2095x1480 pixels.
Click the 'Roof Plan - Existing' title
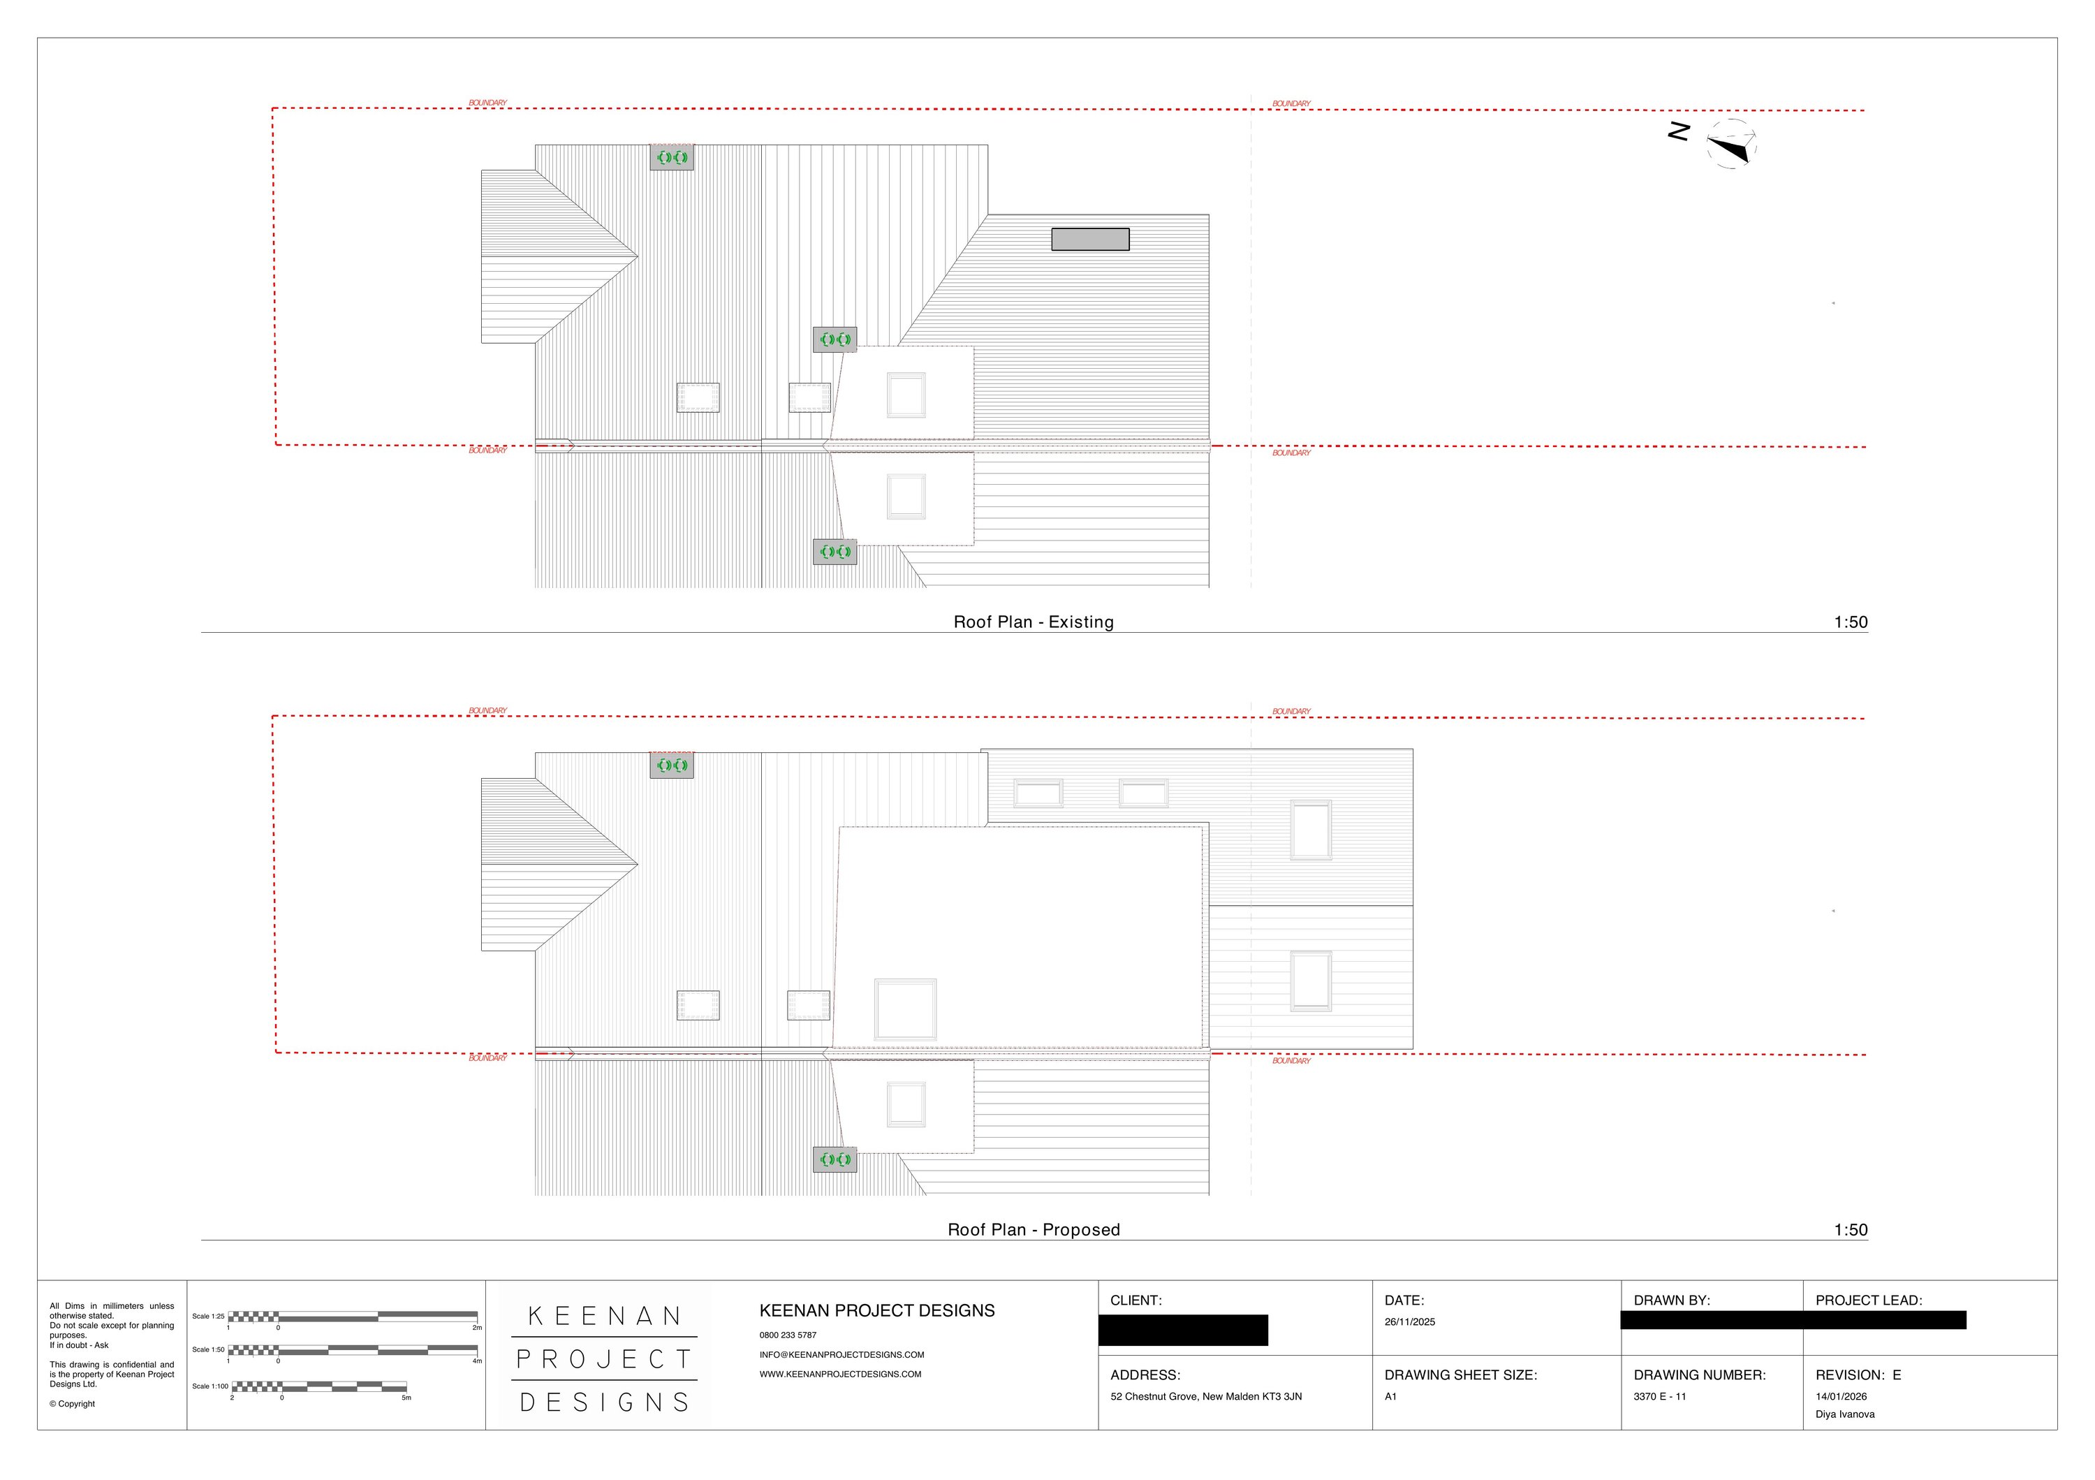click(x=1033, y=622)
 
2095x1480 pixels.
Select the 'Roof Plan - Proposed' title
click(x=1033, y=1230)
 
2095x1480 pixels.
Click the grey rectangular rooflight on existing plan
click(x=1089, y=239)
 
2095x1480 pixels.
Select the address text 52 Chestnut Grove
click(x=1205, y=1397)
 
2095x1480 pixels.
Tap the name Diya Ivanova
click(x=1844, y=1414)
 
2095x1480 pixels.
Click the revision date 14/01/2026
click(x=1840, y=1397)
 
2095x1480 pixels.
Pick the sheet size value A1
click(x=1390, y=1397)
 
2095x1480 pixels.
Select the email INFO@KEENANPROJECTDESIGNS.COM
click(x=841, y=1355)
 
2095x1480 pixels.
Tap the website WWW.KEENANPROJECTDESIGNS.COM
click(x=839, y=1374)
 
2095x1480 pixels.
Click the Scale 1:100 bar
click(x=319, y=1387)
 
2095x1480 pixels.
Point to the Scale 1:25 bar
click(x=352, y=1317)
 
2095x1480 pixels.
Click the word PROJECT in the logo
click(x=604, y=1360)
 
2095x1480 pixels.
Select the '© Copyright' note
click(x=72, y=1405)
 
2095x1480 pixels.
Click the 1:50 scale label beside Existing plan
click(x=1851, y=622)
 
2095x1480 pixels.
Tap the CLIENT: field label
click(x=1135, y=1301)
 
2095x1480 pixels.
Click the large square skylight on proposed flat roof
click(x=905, y=1009)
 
